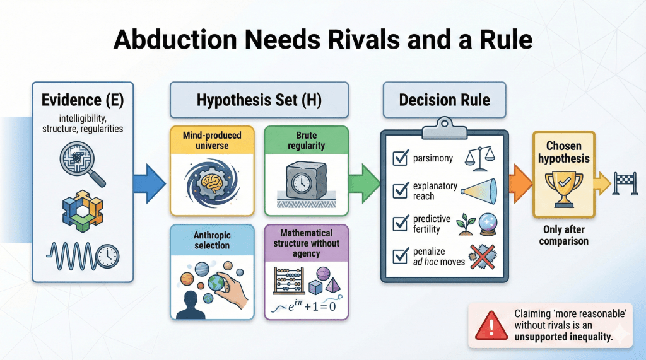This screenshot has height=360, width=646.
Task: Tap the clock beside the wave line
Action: click(x=109, y=255)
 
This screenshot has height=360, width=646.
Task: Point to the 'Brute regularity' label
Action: click(x=305, y=141)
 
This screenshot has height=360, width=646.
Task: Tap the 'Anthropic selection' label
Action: click(x=212, y=240)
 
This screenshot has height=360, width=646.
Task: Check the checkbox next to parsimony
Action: click(x=400, y=158)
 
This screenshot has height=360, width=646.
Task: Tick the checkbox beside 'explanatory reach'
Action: click(x=400, y=190)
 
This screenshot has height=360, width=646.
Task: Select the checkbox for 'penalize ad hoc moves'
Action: click(x=400, y=256)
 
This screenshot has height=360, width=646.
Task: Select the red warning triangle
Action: click(x=486, y=325)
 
